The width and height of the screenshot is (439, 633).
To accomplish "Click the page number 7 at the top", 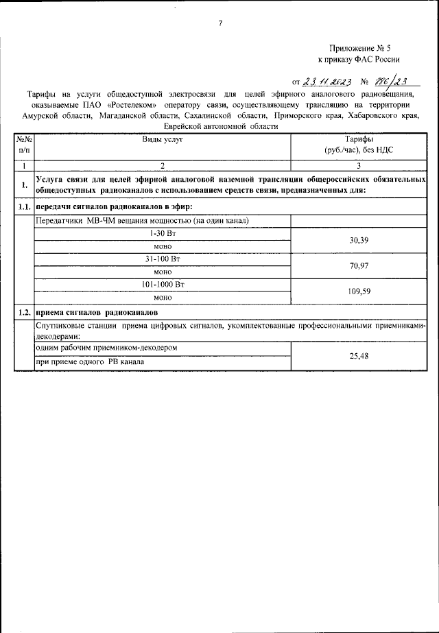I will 220,23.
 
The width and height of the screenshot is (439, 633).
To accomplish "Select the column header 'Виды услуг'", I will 163,138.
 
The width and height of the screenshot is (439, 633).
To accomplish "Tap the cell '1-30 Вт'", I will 163,234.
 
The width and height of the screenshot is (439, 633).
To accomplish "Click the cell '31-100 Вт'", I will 163,259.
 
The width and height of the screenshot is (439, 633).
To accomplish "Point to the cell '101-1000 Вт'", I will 163,284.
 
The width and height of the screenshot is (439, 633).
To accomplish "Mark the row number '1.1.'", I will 25,206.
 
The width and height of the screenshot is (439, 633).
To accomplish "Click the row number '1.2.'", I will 25,312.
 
